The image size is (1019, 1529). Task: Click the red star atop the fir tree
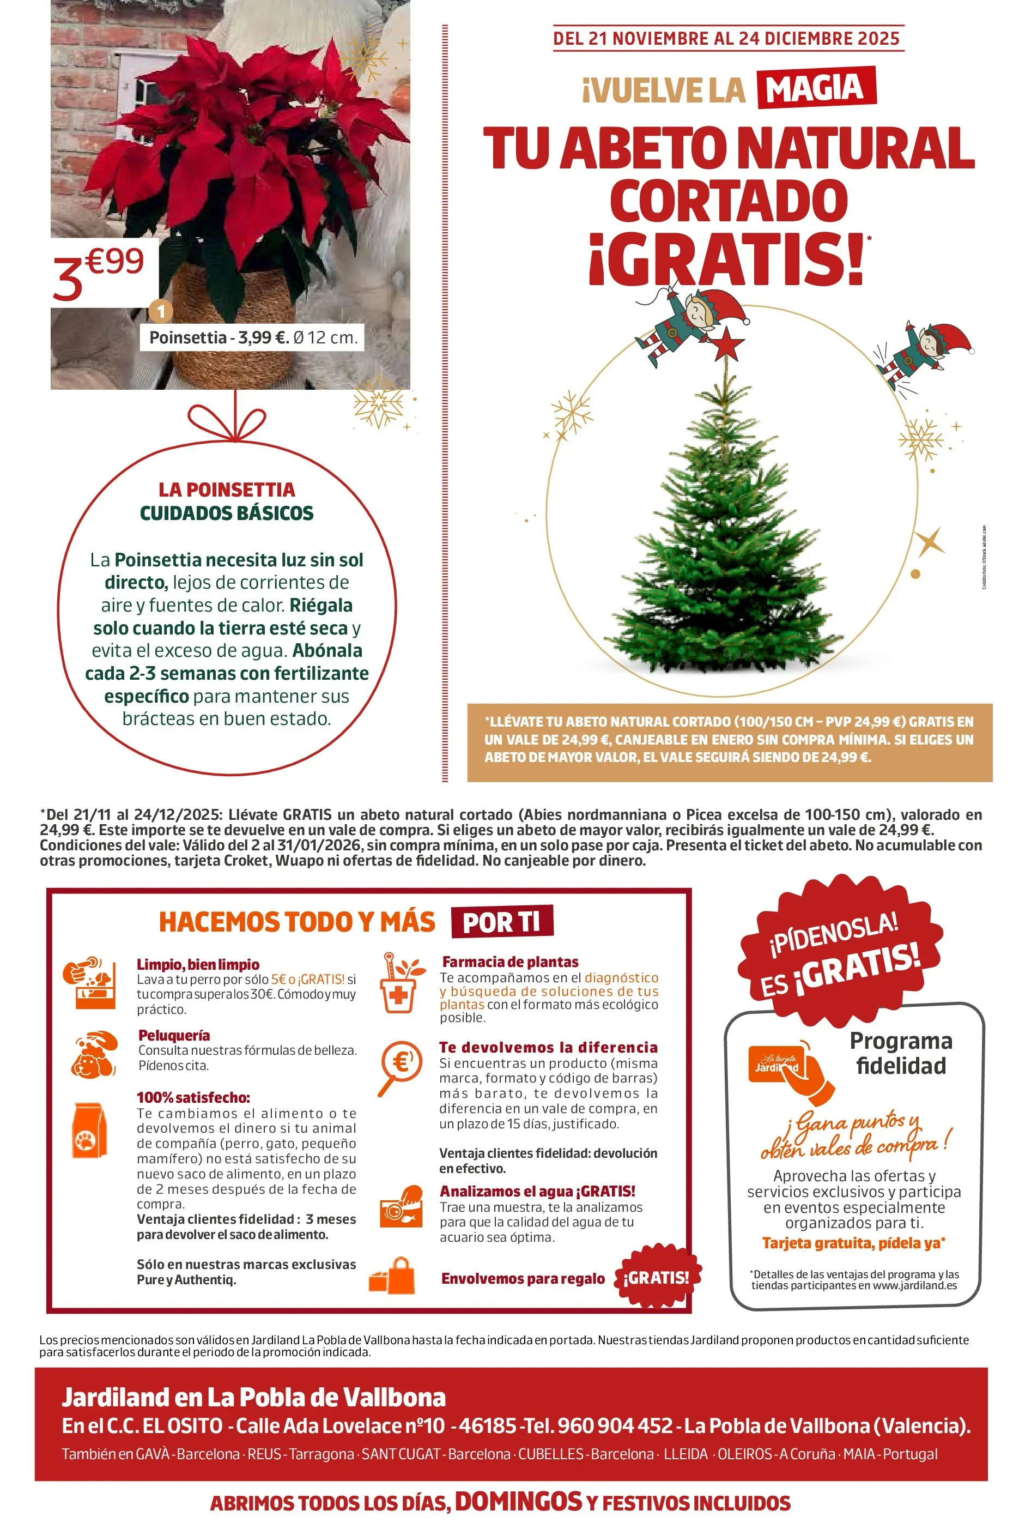click(726, 345)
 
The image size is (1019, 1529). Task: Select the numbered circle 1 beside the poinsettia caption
click(161, 311)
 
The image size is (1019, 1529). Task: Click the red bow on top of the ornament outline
click(227, 421)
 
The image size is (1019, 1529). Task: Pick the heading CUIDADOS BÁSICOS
click(227, 513)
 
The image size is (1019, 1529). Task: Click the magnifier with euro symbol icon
click(399, 1067)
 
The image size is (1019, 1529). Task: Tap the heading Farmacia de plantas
click(510, 962)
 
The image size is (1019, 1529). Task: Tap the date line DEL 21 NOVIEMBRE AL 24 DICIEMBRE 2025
click(726, 38)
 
